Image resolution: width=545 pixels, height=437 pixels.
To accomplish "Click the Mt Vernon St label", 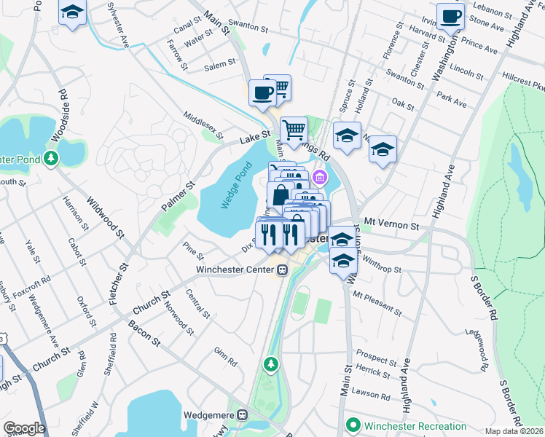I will click(392, 227).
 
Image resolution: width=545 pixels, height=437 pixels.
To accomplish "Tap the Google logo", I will click(24, 428).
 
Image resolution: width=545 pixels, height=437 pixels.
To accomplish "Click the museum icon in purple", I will click(319, 177).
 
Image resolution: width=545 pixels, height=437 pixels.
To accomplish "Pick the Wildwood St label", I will click(106, 213).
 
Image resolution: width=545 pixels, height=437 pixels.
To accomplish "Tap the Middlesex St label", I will click(203, 122).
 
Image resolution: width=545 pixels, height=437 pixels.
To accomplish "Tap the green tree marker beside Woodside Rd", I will click(50, 158).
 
